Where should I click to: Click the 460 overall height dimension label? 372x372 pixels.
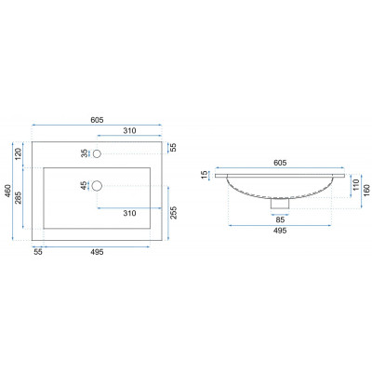tap(7, 192)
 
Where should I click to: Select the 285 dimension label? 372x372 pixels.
tap(19, 198)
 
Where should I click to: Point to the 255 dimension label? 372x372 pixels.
tap(174, 213)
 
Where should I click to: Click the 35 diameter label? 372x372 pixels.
tap(85, 153)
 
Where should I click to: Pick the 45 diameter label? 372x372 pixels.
tap(84, 186)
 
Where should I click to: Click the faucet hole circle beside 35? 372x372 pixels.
tap(97, 153)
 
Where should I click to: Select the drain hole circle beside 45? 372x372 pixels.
tap(97, 186)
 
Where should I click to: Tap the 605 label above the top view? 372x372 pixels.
tap(97, 120)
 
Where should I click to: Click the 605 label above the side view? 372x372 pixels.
tap(280, 163)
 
